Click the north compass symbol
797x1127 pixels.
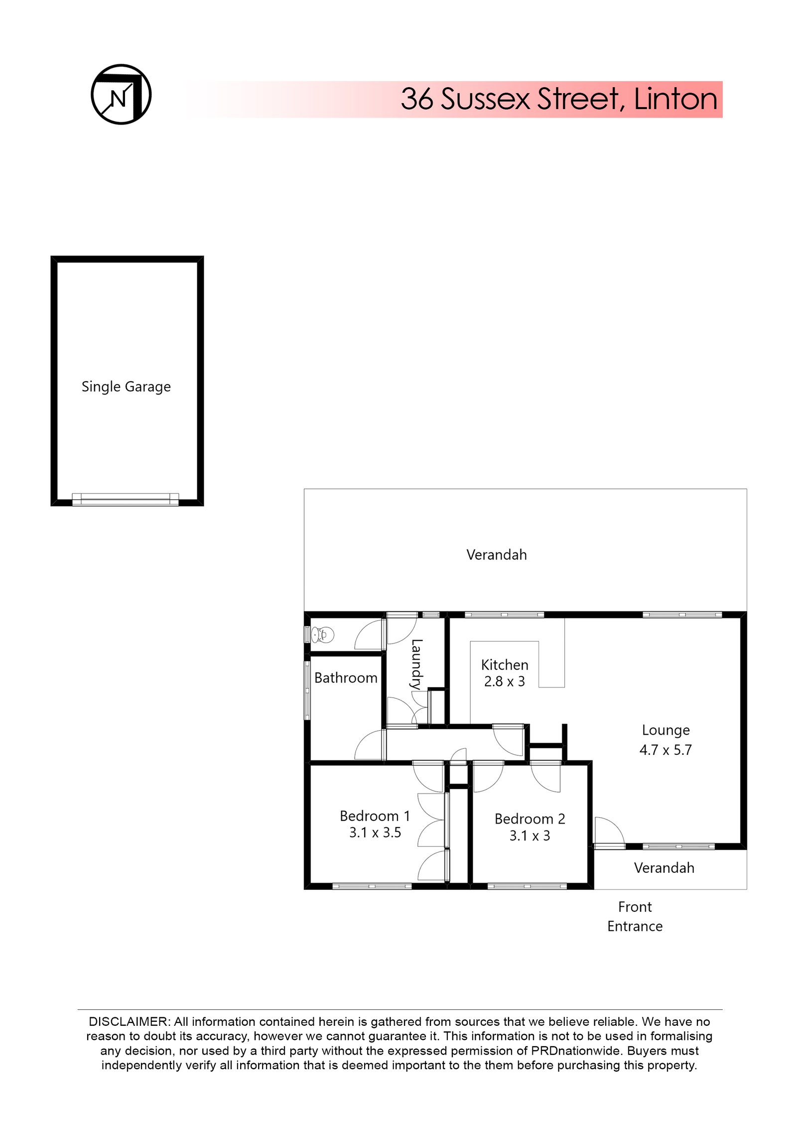(121, 94)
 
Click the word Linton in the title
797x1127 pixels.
(675, 99)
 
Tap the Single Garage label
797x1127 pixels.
(126, 387)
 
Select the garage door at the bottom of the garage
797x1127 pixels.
(126, 499)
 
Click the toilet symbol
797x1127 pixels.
(322, 635)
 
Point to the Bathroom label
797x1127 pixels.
(346, 678)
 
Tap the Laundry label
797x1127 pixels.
(416, 664)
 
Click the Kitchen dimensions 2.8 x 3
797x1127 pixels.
(504, 682)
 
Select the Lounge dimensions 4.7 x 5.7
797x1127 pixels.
(665, 750)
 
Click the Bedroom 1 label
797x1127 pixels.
(375, 816)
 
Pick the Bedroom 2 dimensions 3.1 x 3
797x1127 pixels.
(530, 836)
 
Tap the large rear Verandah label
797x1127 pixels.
(496, 555)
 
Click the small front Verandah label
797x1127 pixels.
(664, 868)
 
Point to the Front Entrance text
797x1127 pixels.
(635, 917)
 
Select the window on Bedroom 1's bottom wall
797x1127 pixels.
(372, 886)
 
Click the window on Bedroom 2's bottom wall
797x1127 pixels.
(527, 886)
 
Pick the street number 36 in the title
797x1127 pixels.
(417, 99)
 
